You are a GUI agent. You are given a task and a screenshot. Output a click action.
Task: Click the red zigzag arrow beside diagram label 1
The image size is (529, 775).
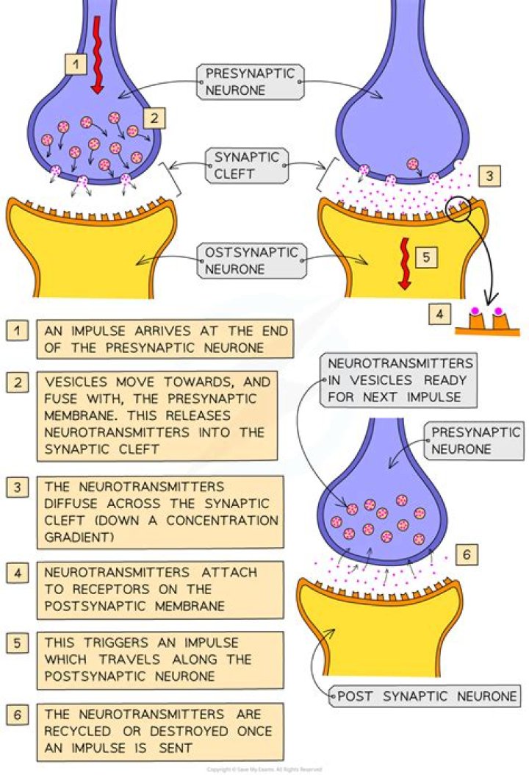pos(96,54)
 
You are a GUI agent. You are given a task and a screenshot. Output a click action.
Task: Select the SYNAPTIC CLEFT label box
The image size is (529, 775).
pos(237,166)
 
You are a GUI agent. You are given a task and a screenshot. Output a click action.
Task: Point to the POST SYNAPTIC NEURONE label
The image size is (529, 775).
pos(426,695)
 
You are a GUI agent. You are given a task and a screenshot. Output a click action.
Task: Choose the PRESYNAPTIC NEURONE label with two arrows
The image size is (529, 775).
pos(250,81)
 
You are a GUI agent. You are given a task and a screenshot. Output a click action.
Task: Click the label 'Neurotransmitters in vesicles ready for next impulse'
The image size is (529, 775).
pos(400,381)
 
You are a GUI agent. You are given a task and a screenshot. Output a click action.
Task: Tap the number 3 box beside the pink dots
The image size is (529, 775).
pos(489,176)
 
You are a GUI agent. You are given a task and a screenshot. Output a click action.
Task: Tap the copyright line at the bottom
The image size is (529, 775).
pos(264,769)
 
